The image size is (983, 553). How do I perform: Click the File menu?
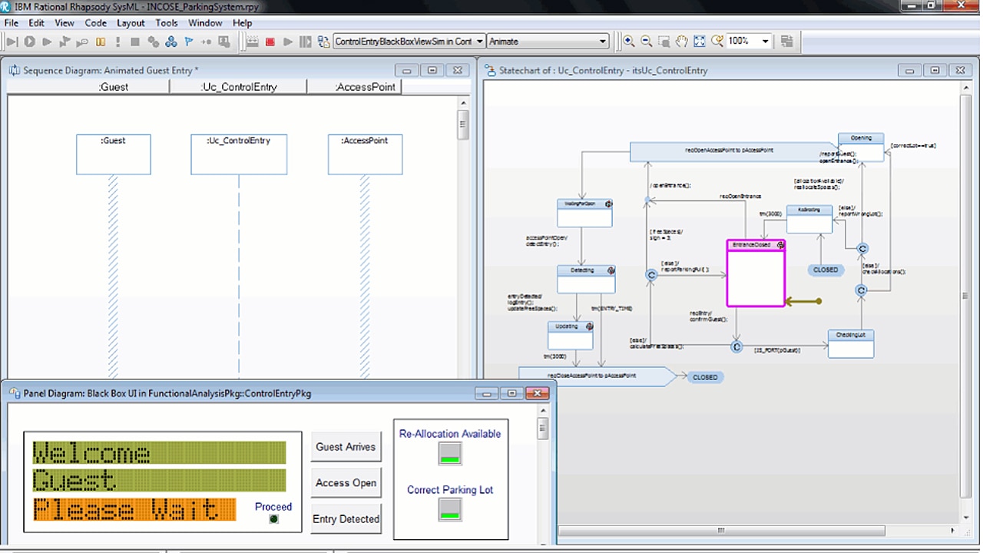tap(11, 23)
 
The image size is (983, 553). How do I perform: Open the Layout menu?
tap(131, 23)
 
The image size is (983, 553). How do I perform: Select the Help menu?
tap(242, 23)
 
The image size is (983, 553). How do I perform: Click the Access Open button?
tap(346, 483)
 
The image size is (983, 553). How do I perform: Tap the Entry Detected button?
tap(346, 519)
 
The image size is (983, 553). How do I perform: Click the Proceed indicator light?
tap(273, 519)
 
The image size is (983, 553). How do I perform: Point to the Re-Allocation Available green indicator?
tap(450, 454)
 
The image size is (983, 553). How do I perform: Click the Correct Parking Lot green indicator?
tap(450, 510)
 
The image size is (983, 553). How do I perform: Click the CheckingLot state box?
tap(851, 344)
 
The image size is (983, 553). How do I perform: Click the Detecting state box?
tap(586, 280)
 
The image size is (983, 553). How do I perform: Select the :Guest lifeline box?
tap(114, 154)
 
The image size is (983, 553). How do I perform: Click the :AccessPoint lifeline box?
tap(365, 154)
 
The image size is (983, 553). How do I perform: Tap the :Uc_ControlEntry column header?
tap(239, 87)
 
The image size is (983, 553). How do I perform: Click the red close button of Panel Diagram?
tap(538, 393)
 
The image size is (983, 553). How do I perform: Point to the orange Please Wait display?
tap(134, 509)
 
